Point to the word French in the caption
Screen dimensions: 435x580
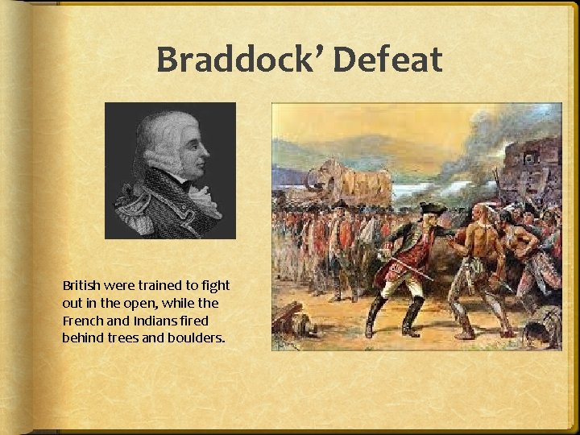coord(82,320)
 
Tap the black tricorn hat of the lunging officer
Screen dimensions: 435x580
coord(433,208)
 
